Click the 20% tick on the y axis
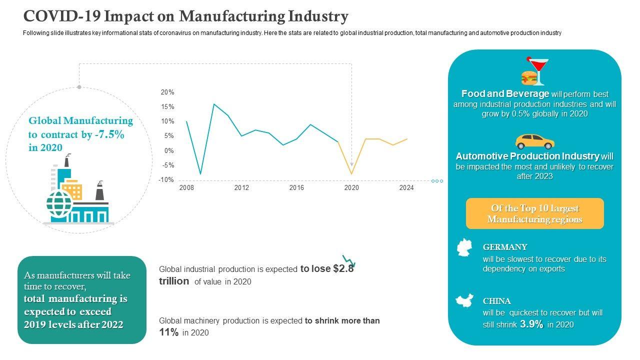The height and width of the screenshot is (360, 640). [x=167, y=92]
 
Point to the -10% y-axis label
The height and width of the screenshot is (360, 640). [x=166, y=180]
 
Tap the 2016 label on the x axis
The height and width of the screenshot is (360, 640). [x=296, y=188]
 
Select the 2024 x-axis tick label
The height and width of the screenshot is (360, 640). [x=406, y=188]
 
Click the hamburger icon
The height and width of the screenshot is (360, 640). [x=529, y=77]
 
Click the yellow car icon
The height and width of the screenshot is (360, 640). [x=534, y=141]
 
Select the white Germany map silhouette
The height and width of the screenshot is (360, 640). [x=465, y=247]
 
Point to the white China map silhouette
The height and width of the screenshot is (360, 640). [x=464, y=301]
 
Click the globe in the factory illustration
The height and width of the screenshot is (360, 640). [x=59, y=203]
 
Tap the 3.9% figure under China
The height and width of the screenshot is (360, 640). [x=531, y=324]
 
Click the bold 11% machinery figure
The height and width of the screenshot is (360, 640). [x=168, y=332]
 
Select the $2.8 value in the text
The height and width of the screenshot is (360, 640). [x=343, y=269]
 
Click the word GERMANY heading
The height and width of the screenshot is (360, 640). [x=505, y=247]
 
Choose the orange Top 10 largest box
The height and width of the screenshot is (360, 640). [x=534, y=213]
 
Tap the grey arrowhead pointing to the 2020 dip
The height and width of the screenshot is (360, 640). [x=351, y=163]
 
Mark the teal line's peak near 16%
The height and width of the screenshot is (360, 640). [x=214, y=104]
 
